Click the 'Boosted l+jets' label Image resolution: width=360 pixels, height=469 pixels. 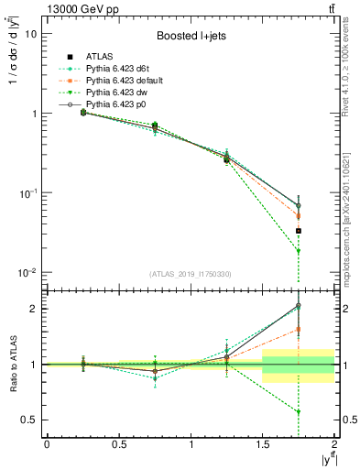click(x=191, y=38)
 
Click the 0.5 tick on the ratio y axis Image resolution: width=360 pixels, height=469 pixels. click(x=30, y=420)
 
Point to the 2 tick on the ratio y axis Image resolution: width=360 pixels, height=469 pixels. click(x=34, y=309)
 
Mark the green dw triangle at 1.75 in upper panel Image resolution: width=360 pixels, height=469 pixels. click(x=299, y=251)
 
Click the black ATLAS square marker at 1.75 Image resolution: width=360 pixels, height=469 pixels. click(x=299, y=231)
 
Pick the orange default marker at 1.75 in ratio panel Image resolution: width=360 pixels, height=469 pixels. click(x=299, y=330)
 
